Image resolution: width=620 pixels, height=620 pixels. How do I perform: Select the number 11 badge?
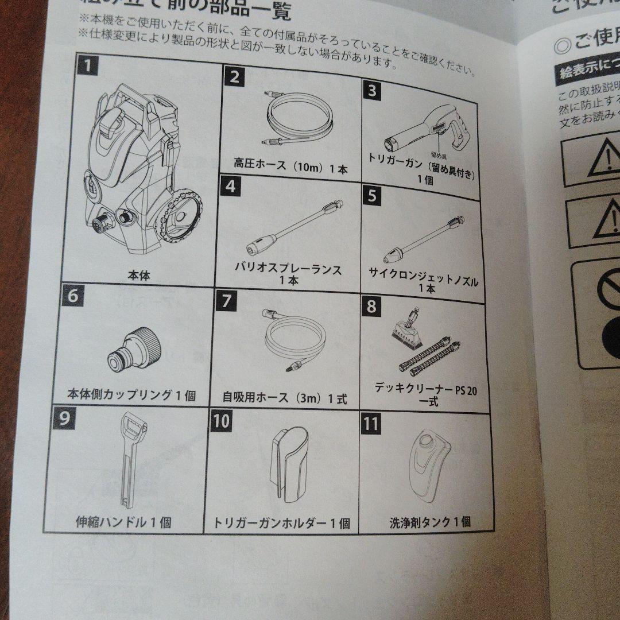click(371, 424)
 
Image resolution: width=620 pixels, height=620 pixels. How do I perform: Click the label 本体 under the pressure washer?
click(139, 276)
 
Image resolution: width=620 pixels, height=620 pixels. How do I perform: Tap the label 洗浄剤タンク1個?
click(430, 522)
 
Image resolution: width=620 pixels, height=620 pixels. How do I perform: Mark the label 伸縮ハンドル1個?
click(123, 522)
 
